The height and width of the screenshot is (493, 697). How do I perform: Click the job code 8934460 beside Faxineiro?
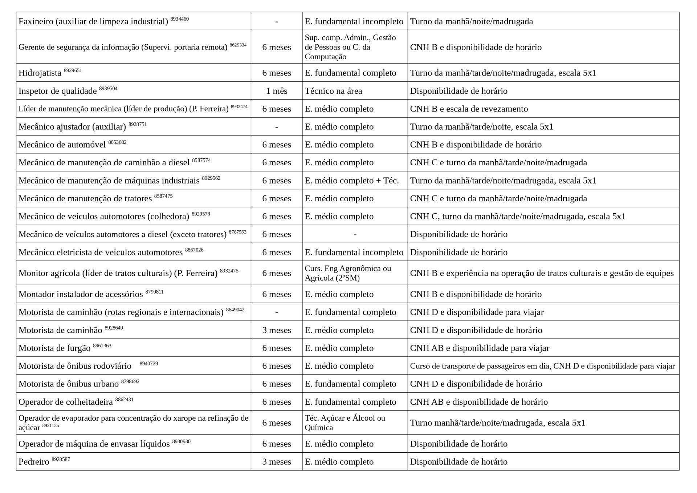pyautogui.click(x=179, y=19)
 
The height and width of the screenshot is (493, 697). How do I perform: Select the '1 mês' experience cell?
pyautogui.click(x=277, y=91)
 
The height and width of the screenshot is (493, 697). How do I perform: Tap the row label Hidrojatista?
pyautogui.click(x=40, y=73)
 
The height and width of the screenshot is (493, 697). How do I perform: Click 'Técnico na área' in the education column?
pyautogui.click(x=333, y=91)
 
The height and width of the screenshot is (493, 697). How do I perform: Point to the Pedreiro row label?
pyautogui.click(x=34, y=462)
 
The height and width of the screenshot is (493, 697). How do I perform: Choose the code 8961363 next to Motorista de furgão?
pyautogui.click(x=102, y=345)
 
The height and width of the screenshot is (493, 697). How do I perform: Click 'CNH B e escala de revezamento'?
pyautogui.click(x=469, y=109)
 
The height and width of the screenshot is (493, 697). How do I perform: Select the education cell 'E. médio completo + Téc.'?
pyautogui.click(x=351, y=181)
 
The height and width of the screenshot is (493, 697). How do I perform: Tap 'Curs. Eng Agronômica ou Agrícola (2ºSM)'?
pyautogui.click(x=348, y=273)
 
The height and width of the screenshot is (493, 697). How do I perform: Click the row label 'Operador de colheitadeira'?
pyautogui.click(x=66, y=402)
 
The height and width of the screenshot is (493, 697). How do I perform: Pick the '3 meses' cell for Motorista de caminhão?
pyautogui.click(x=277, y=330)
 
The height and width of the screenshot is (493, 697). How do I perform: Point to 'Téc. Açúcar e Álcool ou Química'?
pyautogui.click(x=345, y=423)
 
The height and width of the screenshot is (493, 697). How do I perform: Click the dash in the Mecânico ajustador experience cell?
pyautogui.click(x=277, y=127)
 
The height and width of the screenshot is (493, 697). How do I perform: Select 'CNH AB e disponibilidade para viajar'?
pyautogui.click(x=480, y=348)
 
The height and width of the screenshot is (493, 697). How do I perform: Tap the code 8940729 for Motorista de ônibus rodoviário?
pyautogui.click(x=148, y=364)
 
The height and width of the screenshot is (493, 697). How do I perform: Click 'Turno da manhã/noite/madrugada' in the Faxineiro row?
pyautogui.click(x=471, y=21)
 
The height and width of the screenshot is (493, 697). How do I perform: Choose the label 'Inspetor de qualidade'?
pyautogui.click(x=57, y=91)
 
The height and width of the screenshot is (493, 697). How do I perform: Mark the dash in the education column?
pyautogui.click(x=355, y=234)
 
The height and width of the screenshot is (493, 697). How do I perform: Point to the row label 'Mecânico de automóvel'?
pyautogui.click(x=62, y=145)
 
